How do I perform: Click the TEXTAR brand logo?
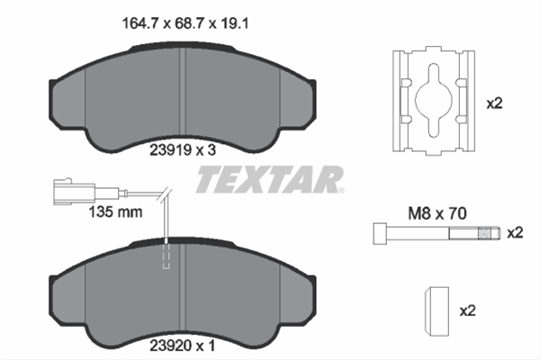pos(269,180)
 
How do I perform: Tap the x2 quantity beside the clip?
pos(493,103)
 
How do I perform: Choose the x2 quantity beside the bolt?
pos(514,233)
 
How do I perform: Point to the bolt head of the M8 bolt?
pos(378,234)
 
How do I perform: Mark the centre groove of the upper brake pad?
pos(182,90)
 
